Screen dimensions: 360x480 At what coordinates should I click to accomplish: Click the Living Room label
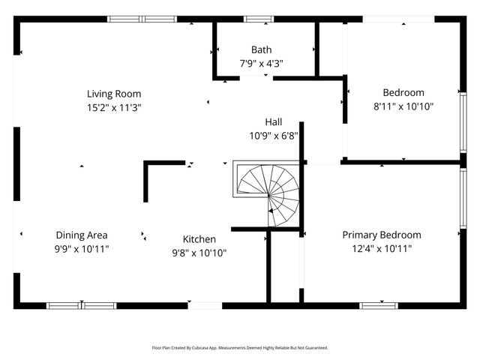(x=114, y=94)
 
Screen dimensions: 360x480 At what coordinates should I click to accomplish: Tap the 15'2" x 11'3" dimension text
(x=114, y=107)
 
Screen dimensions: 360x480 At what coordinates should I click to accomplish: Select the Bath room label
(x=262, y=50)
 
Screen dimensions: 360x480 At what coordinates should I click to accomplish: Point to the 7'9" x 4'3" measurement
(x=262, y=64)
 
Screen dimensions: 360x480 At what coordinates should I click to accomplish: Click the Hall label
(x=274, y=122)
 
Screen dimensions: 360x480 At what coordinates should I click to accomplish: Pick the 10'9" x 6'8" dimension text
(x=274, y=136)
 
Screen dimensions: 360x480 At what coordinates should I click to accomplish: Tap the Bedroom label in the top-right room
(x=403, y=93)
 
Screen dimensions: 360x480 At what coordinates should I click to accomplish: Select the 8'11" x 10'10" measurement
(x=403, y=106)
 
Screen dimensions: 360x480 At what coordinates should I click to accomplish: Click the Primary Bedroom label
(x=382, y=235)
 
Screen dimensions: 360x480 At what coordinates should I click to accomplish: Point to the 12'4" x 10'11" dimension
(x=382, y=248)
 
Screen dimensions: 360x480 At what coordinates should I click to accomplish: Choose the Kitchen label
(x=199, y=239)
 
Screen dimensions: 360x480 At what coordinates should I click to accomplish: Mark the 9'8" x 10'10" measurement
(x=199, y=253)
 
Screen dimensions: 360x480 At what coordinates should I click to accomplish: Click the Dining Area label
(x=82, y=235)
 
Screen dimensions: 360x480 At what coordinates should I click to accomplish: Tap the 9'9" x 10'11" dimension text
(x=82, y=248)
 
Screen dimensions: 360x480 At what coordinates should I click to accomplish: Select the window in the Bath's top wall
(x=259, y=19)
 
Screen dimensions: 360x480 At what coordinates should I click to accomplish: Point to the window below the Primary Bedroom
(x=379, y=305)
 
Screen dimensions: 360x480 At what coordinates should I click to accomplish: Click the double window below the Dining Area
(x=81, y=305)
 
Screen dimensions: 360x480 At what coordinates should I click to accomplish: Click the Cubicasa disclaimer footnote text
(x=240, y=348)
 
